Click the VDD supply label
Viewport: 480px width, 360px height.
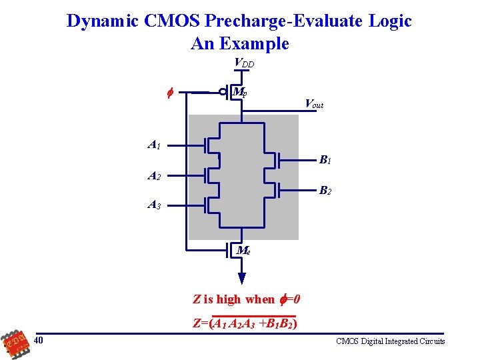(x=243, y=63)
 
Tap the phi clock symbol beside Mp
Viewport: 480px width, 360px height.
(x=169, y=93)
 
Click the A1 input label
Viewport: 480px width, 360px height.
(x=154, y=144)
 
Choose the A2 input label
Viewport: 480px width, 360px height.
(x=154, y=176)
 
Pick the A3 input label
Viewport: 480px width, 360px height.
(x=154, y=205)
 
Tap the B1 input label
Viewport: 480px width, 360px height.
(x=325, y=160)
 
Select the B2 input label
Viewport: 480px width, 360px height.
(x=325, y=191)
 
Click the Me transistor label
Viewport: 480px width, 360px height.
(x=243, y=251)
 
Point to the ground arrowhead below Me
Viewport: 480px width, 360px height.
(x=242, y=278)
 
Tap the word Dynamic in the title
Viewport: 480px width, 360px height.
(x=102, y=21)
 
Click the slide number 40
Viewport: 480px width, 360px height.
(x=39, y=341)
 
